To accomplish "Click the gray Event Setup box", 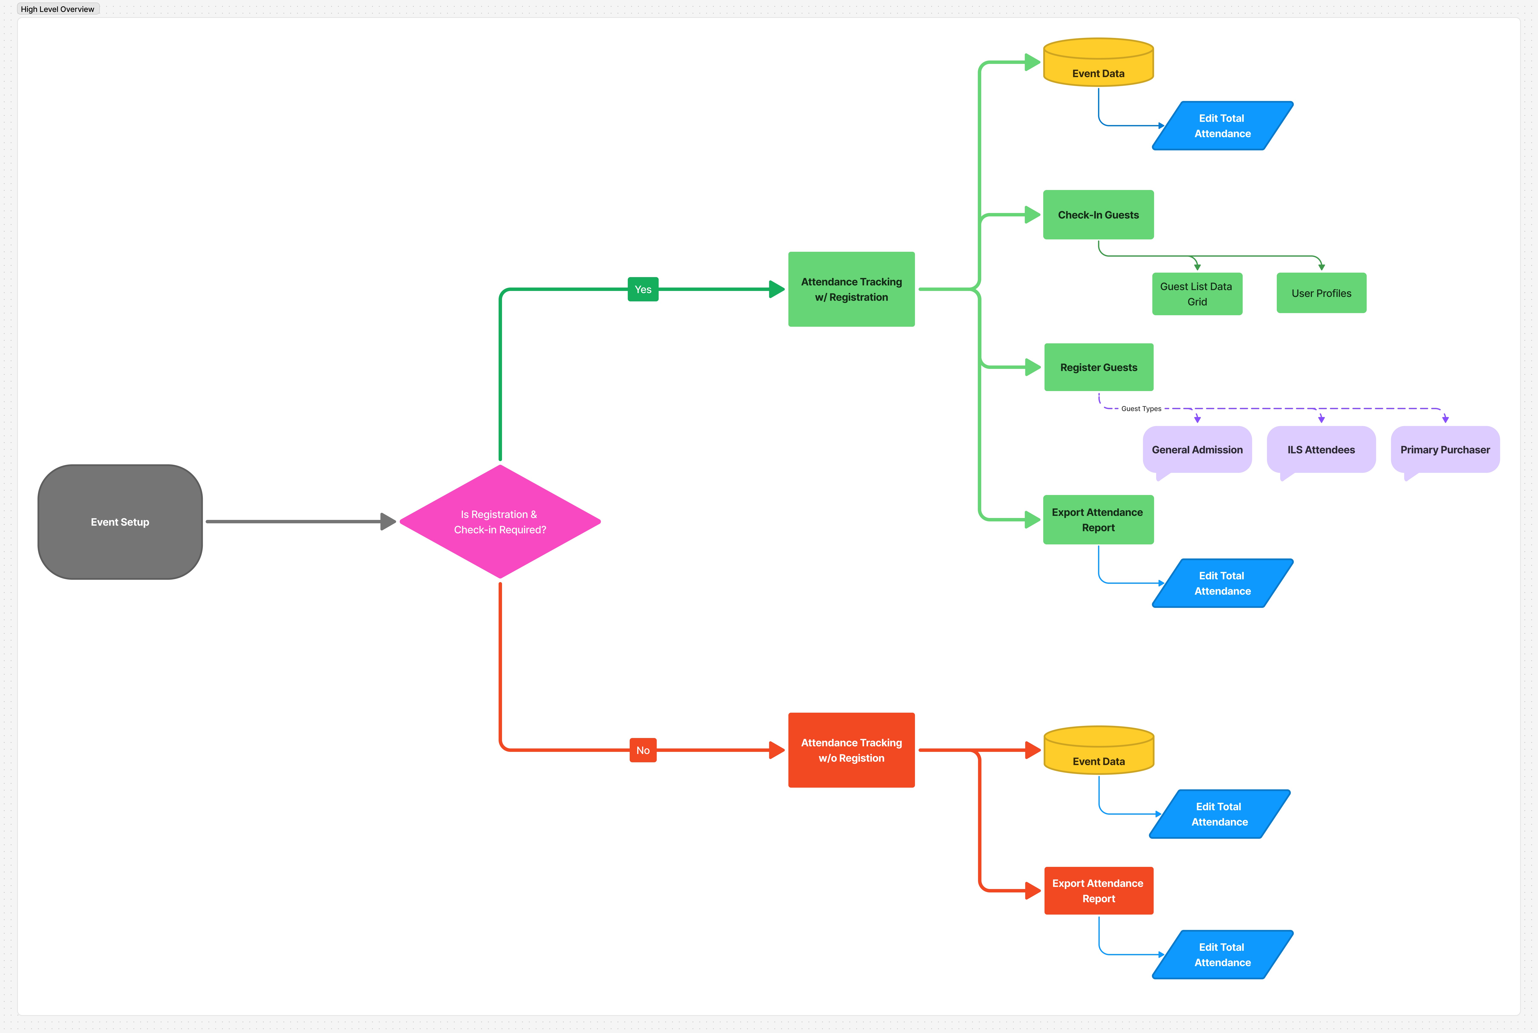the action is (x=120, y=522).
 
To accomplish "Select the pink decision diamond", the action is (x=500, y=522).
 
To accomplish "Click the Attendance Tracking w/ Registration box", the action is (x=851, y=289).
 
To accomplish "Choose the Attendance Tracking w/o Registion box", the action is (x=851, y=750).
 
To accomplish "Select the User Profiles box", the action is (x=1321, y=293).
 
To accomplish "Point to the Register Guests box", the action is (x=1098, y=367).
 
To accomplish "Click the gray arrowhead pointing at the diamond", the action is (x=388, y=522).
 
